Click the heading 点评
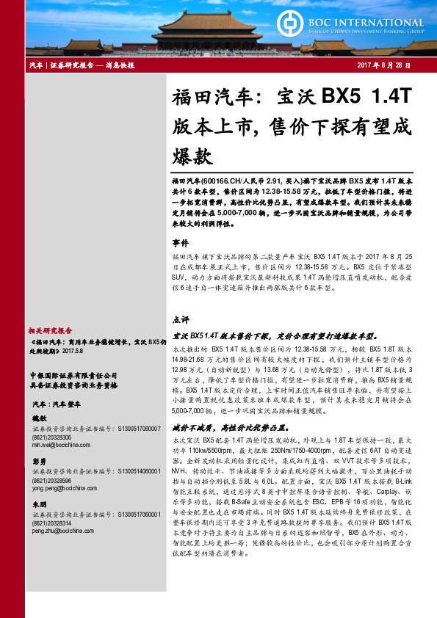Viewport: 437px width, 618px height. click(181, 320)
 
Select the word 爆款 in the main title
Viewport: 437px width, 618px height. click(192, 156)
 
